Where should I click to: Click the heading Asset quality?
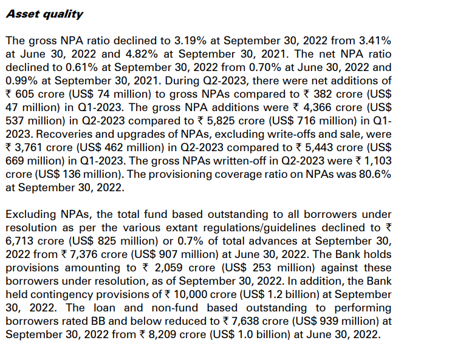click(x=44, y=14)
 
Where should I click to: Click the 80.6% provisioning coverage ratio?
click(x=372, y=174)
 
